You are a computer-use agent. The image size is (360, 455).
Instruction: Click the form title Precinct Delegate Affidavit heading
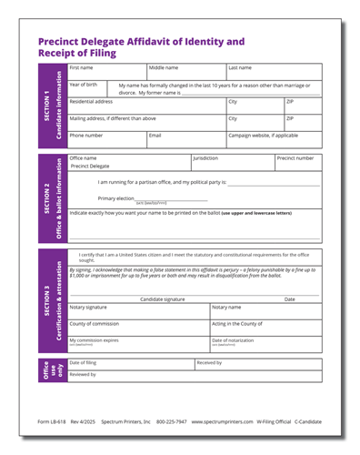click(x=141, y=47)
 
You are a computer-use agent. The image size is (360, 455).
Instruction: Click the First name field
click(x=106, y=72)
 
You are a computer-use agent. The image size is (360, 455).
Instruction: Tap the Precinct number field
click(x=295, y=163)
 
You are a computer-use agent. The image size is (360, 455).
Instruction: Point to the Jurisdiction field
click(x=231, y=163)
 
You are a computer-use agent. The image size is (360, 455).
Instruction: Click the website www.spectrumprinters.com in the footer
click(x=222, y=422)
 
